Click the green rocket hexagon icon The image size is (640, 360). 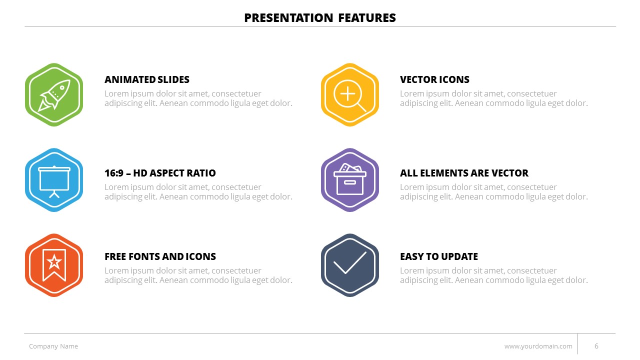[x=54, y=94]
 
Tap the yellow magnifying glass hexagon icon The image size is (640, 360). [x=349, y=94]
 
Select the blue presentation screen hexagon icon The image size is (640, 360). [x=54, y=180]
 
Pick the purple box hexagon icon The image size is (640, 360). [x=349, y=180]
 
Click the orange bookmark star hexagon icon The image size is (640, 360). [x=54, y=265]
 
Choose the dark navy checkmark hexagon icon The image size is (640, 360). [x=349, y=265]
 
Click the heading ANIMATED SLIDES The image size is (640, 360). [x=147, y=79]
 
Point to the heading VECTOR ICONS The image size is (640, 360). [x=434, y=79]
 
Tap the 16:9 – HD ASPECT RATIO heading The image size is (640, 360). [x=160, y=173]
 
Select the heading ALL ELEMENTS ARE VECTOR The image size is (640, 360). [x=464, y=173]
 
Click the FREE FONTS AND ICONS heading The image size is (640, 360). [x=160, y=256]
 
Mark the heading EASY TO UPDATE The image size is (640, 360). [x=439, y=256]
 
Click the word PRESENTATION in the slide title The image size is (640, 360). [x=288, y=17]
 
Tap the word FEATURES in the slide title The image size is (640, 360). [x=367, y=17]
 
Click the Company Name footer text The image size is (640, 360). [x=53, y=346]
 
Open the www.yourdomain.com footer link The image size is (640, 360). [x=538, y=346]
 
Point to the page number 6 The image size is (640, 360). [x=596, y=346]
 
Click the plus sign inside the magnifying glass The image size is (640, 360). [x=347, y=93]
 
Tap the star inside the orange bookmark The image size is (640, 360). [x=54, y=262]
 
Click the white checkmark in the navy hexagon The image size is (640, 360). [x=349, y=263]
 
